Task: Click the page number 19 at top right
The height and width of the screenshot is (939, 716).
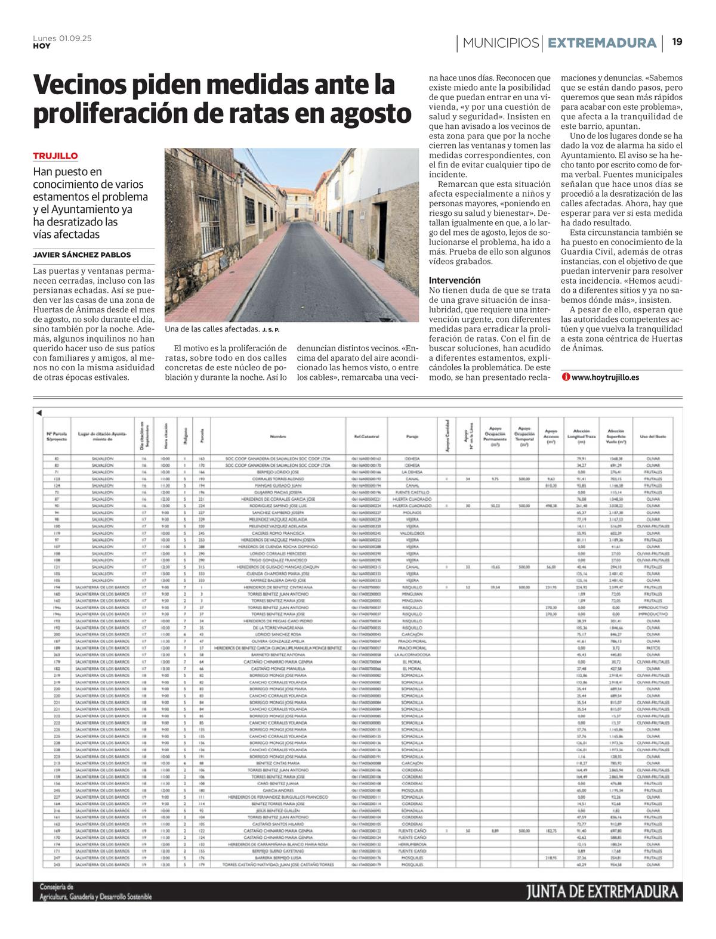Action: click(x=677, y=42)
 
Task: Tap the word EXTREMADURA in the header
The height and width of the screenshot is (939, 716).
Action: click(x=601, y=43)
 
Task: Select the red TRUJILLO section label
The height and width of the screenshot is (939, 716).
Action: click(x=55, y=156)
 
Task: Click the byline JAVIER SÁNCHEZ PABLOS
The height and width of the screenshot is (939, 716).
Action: click(x=82, y=255)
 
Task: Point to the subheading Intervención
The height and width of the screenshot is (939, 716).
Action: click(x=454, y=280)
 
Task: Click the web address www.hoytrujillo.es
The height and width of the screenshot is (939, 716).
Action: click(x=604, y=377)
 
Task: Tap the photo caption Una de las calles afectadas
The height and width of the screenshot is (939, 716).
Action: click(x=212, y=329)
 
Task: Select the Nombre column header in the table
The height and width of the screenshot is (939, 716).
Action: click(x=279, y=436)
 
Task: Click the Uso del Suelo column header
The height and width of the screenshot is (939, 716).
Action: click(x=653, y=436)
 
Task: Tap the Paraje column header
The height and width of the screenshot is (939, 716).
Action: click(x=412, y=436)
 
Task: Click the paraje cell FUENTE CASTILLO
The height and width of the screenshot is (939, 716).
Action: click(x=412, y=492)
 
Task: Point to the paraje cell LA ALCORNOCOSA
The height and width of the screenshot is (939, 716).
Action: click(x=412, y=655)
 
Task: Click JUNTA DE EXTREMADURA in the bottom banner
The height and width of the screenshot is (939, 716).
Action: click(x=603, y=892)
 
